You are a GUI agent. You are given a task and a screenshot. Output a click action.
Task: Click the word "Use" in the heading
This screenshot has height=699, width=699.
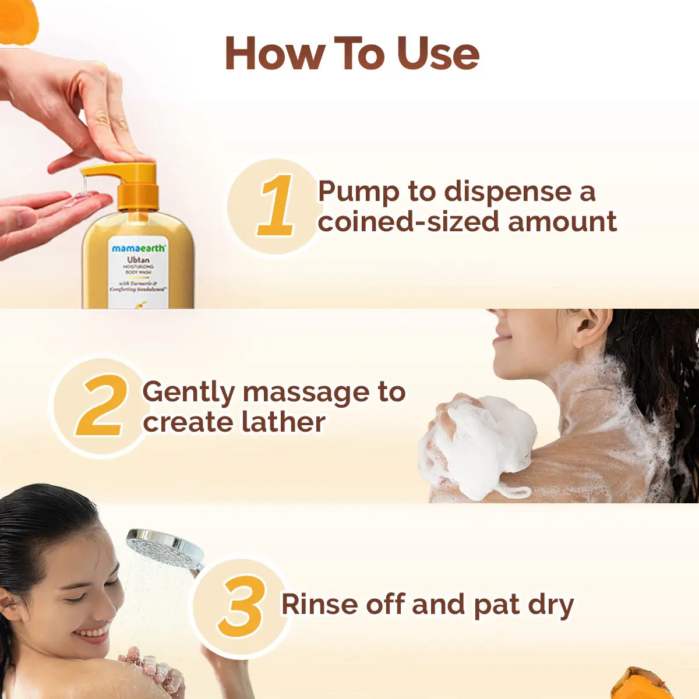(437, 54)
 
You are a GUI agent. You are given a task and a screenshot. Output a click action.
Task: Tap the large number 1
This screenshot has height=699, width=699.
(276, 206)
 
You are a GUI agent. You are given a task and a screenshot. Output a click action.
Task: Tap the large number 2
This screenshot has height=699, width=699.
(101, 407)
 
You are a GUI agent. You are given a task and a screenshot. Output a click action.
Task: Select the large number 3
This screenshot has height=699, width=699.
(241, 606)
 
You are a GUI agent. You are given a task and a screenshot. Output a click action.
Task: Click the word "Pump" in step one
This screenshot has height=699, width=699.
(358, 192)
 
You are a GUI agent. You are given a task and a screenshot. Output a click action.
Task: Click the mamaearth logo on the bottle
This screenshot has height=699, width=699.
(139, 248)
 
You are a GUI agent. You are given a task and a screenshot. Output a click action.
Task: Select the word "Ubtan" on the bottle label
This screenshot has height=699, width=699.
(138, 260)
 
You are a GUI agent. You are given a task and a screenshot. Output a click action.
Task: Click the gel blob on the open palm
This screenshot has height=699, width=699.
(79, 199)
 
